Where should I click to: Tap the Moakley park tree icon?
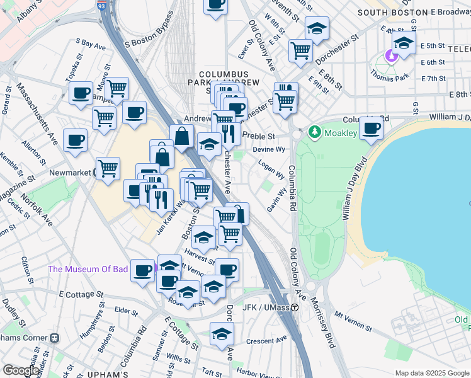coord(314,133)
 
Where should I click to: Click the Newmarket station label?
coord(70,171)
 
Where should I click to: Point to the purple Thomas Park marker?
coord(392,56)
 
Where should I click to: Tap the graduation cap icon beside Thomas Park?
coord(403,42)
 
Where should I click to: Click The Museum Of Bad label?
coord(88,270)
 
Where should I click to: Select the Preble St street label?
coord(259,136)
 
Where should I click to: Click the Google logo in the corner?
coord(20,370)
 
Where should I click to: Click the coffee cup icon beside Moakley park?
coord(371,127)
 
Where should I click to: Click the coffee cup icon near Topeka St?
coord(80,94)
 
